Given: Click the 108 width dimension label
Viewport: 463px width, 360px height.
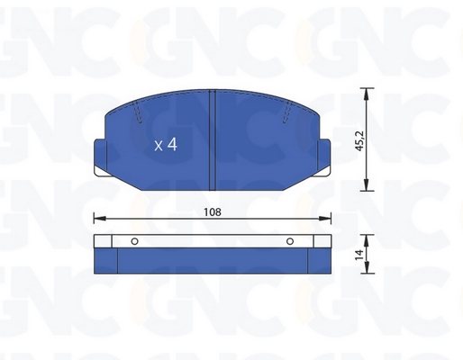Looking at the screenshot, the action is click(213, 212).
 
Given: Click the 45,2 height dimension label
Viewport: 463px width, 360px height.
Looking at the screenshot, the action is click(359, 140).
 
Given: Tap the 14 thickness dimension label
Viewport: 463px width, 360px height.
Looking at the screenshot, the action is click(359, 255).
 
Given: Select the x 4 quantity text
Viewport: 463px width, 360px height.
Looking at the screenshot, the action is click(166, 145).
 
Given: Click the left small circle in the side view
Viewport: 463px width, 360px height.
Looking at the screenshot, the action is click(134, 241).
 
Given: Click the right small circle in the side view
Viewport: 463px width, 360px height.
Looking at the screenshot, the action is click(290, 241).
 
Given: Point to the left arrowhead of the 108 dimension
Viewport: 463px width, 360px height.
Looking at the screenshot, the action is click(100, 218).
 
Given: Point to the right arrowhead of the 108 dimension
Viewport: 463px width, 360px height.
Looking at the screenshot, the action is click(325, 218).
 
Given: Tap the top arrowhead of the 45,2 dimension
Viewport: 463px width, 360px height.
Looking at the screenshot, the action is click(366, 94).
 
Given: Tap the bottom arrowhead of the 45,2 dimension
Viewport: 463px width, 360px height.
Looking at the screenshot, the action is click(366, 184).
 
